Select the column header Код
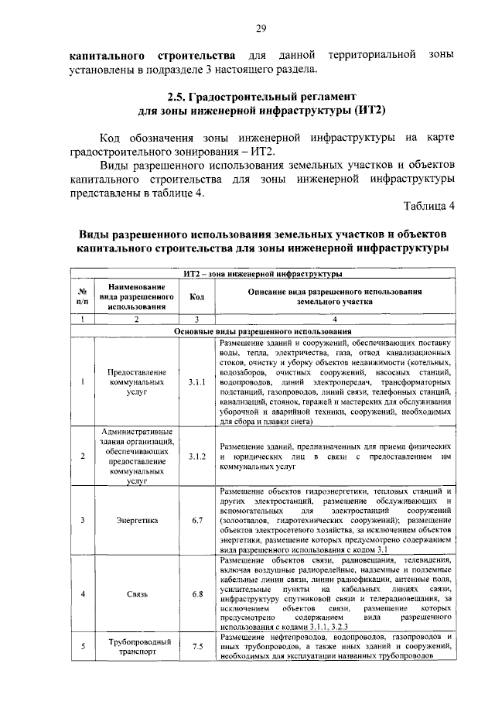[x=197, y=296]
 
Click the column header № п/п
[x=82, y=296]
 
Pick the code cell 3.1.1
[x=197, y=381]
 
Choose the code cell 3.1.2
[x=197, y=457]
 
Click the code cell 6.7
[x=197, y=521]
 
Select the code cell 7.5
[x=197, y=646]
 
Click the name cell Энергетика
[x=136, y=521]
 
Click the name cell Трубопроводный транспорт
[x=136, y=646]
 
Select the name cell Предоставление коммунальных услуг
[x=136, y=381]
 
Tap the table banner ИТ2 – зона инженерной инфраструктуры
[x=265, y=274]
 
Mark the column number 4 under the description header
[x=335, y=319]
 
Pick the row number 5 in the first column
[x=82, y=646]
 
